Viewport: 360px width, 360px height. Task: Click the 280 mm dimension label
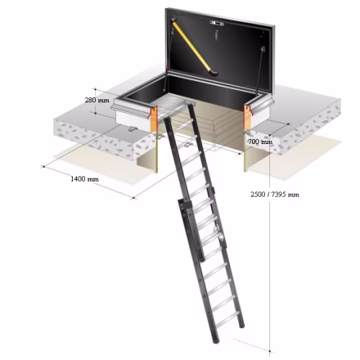click(97, 100)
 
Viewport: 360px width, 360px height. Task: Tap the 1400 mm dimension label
click(84, 179)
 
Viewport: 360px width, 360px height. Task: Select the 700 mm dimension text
click(261, 142)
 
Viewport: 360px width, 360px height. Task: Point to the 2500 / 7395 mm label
click(275, 194)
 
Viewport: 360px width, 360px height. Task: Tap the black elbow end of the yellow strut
click(214, 73)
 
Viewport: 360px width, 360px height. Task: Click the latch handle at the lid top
click(217, 23)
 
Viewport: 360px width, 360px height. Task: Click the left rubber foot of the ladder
click(217, 340)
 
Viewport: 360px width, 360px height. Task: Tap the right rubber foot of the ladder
click(242, 325)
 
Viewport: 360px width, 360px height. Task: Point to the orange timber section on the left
click(153, 119)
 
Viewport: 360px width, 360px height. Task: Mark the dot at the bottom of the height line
click(270, 351)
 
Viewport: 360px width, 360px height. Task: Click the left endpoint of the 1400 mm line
click(43, 166)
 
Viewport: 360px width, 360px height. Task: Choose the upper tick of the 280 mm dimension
click(96, 89)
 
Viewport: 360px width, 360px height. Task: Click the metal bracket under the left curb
click(132, 129)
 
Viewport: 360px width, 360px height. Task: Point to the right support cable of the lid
click(260, 71)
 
